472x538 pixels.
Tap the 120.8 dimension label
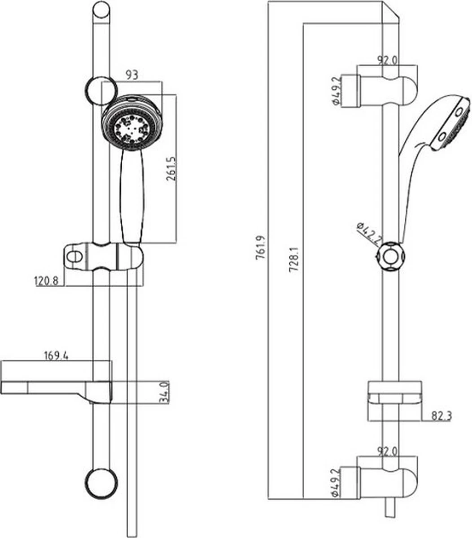(47, 281)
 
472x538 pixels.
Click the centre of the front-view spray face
(131, 127)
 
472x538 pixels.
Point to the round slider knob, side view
(391, 257)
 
